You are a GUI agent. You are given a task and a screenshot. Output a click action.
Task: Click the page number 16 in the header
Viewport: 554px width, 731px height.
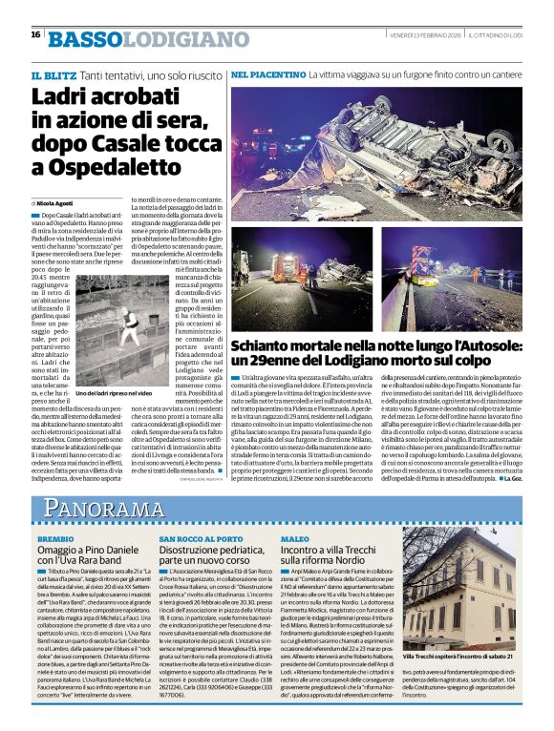[x=35, y=34]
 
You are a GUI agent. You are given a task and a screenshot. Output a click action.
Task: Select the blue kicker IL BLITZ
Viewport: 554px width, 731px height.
[x=53, y=74]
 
